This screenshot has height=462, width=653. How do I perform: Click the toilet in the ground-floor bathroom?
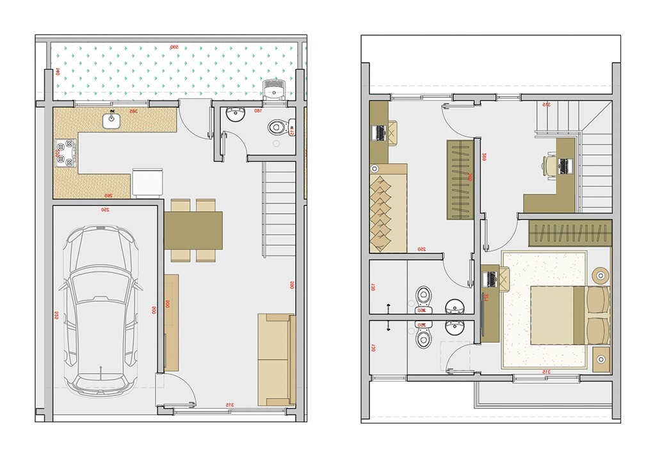click(278, 127)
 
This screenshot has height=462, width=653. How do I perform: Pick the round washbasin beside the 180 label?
click(236, 115)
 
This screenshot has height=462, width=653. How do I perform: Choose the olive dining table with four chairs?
click(193, 230)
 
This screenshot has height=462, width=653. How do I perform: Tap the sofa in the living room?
click(275, 359)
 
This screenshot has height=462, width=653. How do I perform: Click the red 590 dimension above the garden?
click(173, 47)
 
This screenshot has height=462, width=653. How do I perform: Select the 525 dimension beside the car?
click(56, 315)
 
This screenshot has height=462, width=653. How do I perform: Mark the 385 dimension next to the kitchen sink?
click(134, 111)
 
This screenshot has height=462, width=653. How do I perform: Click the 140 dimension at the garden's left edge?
click(57, 72)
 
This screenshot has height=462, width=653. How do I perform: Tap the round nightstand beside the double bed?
click(601, 276)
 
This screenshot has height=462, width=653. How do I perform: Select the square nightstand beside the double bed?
click(601, 360)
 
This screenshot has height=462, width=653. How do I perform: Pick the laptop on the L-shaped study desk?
click(564, 166)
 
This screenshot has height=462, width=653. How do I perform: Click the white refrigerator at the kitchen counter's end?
click(148, 182)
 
